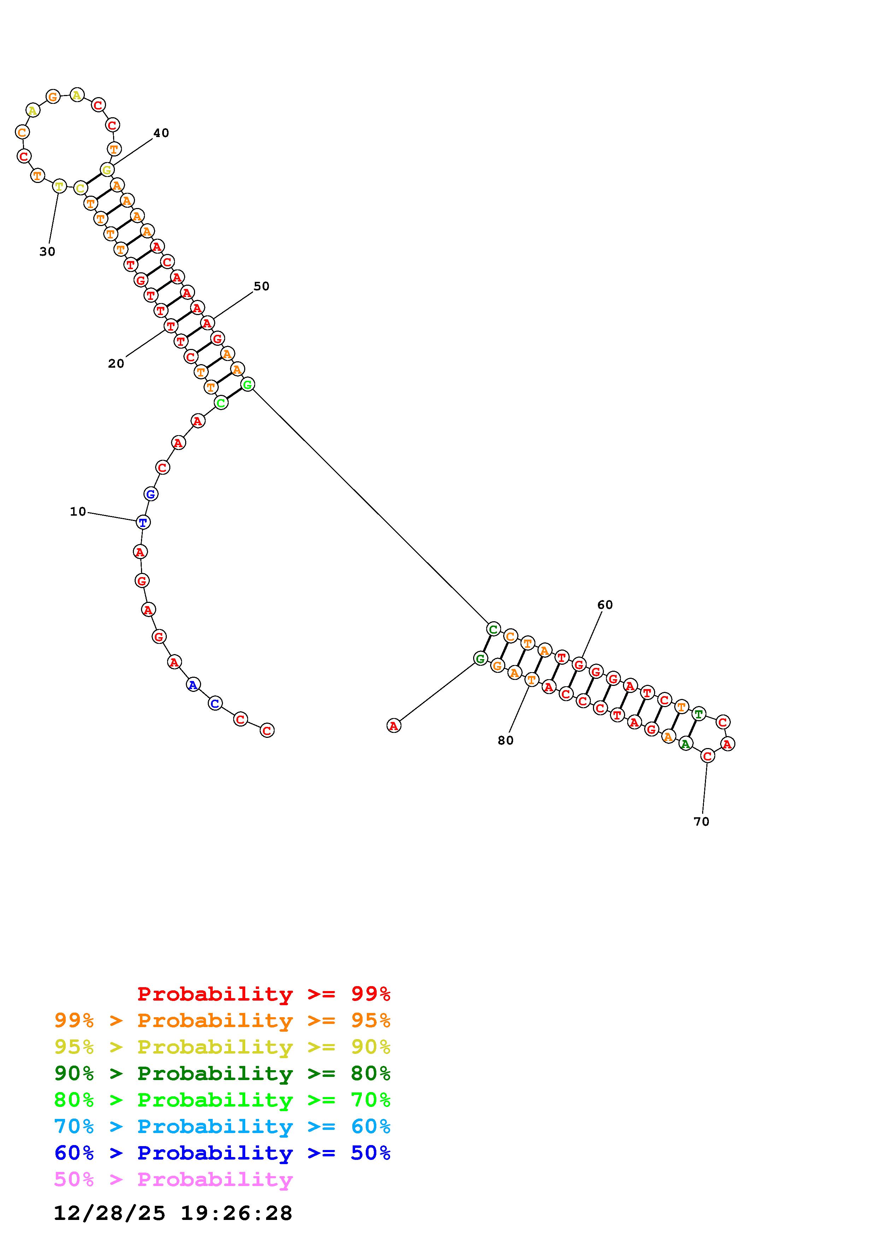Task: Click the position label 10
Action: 78,511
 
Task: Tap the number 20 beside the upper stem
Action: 116,364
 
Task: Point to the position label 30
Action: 47,251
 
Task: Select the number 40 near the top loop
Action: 161,133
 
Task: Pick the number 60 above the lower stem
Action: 605,605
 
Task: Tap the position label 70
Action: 701,821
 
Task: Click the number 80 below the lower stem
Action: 506,740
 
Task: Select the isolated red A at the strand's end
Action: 394,726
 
